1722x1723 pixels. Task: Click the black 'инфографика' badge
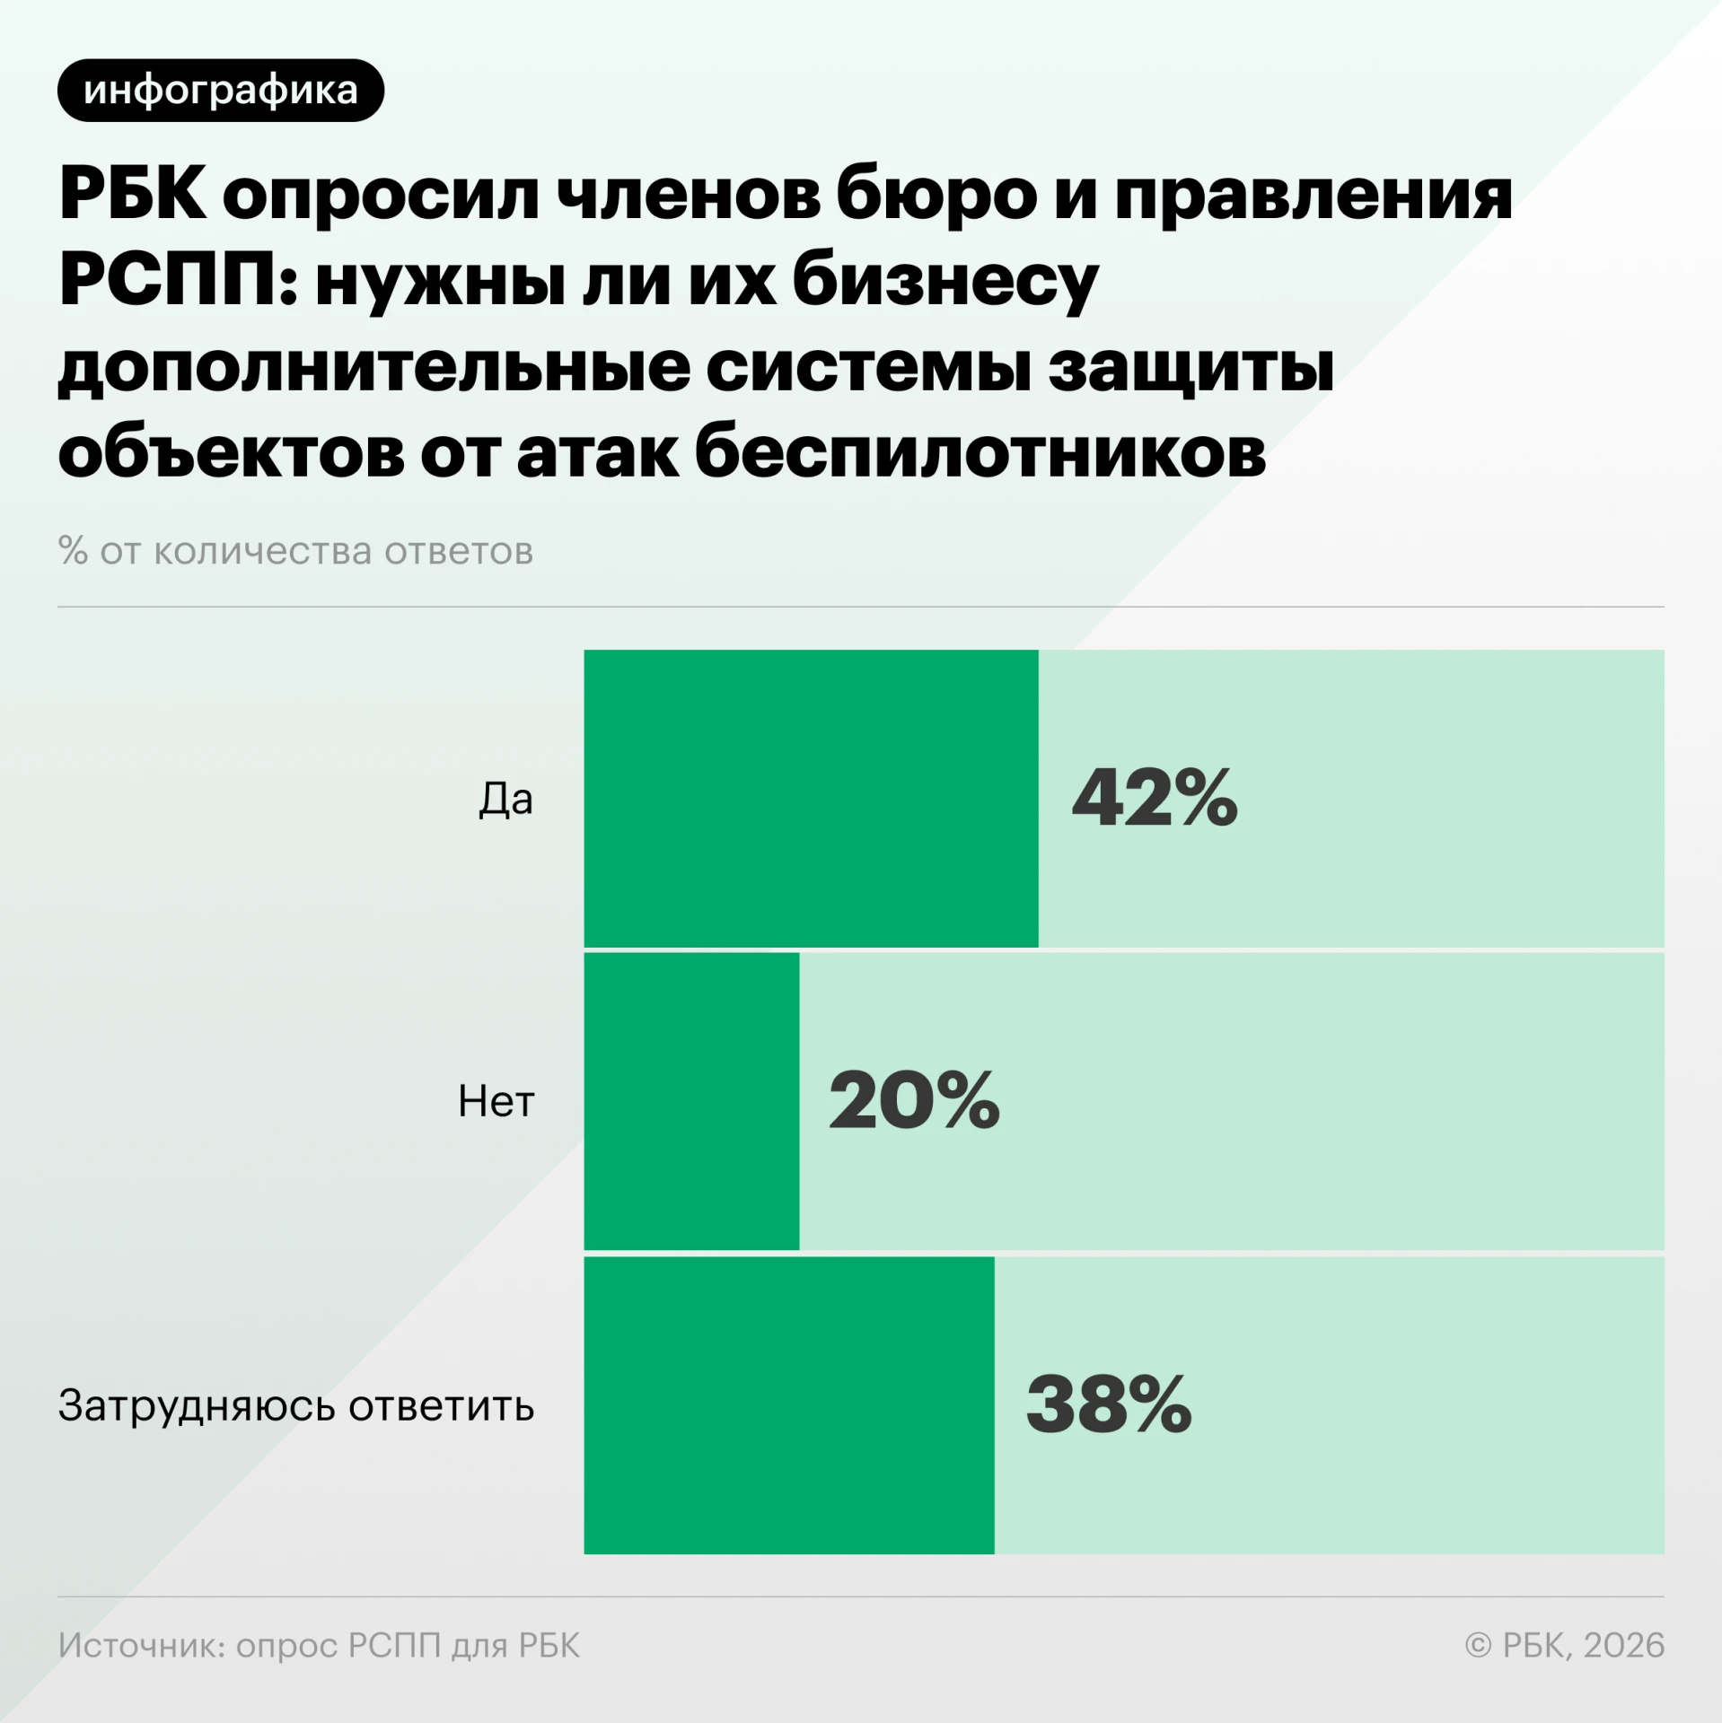click(x=221, y=91)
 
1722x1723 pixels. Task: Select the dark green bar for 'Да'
click(x=811, y=799)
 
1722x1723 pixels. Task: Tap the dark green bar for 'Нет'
click(x=691, y=1101)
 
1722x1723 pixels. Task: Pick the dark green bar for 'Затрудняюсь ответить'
click(x=789, y=1405)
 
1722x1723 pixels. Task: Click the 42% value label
click(x=1155, y=798)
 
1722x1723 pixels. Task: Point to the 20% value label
click(x=914, y=1100)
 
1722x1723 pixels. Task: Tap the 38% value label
click(x=1109, y=1404)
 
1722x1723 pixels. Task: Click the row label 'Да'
click(x=505, y=799)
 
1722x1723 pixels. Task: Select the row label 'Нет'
click(x=496, y=1101)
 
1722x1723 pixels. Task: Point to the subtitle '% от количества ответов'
click(x=295, y=551)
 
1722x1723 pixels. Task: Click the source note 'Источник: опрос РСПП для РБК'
click(x=319, y=1645)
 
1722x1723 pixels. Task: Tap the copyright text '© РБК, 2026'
click(x=1565, y=1645)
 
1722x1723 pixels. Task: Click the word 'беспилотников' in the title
click(x=980, y=453)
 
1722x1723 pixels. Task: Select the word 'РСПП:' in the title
click(x=178, y=280)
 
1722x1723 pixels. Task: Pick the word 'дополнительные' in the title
click(x=373, y=369)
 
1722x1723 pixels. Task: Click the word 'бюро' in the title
click(x=936, y=194)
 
